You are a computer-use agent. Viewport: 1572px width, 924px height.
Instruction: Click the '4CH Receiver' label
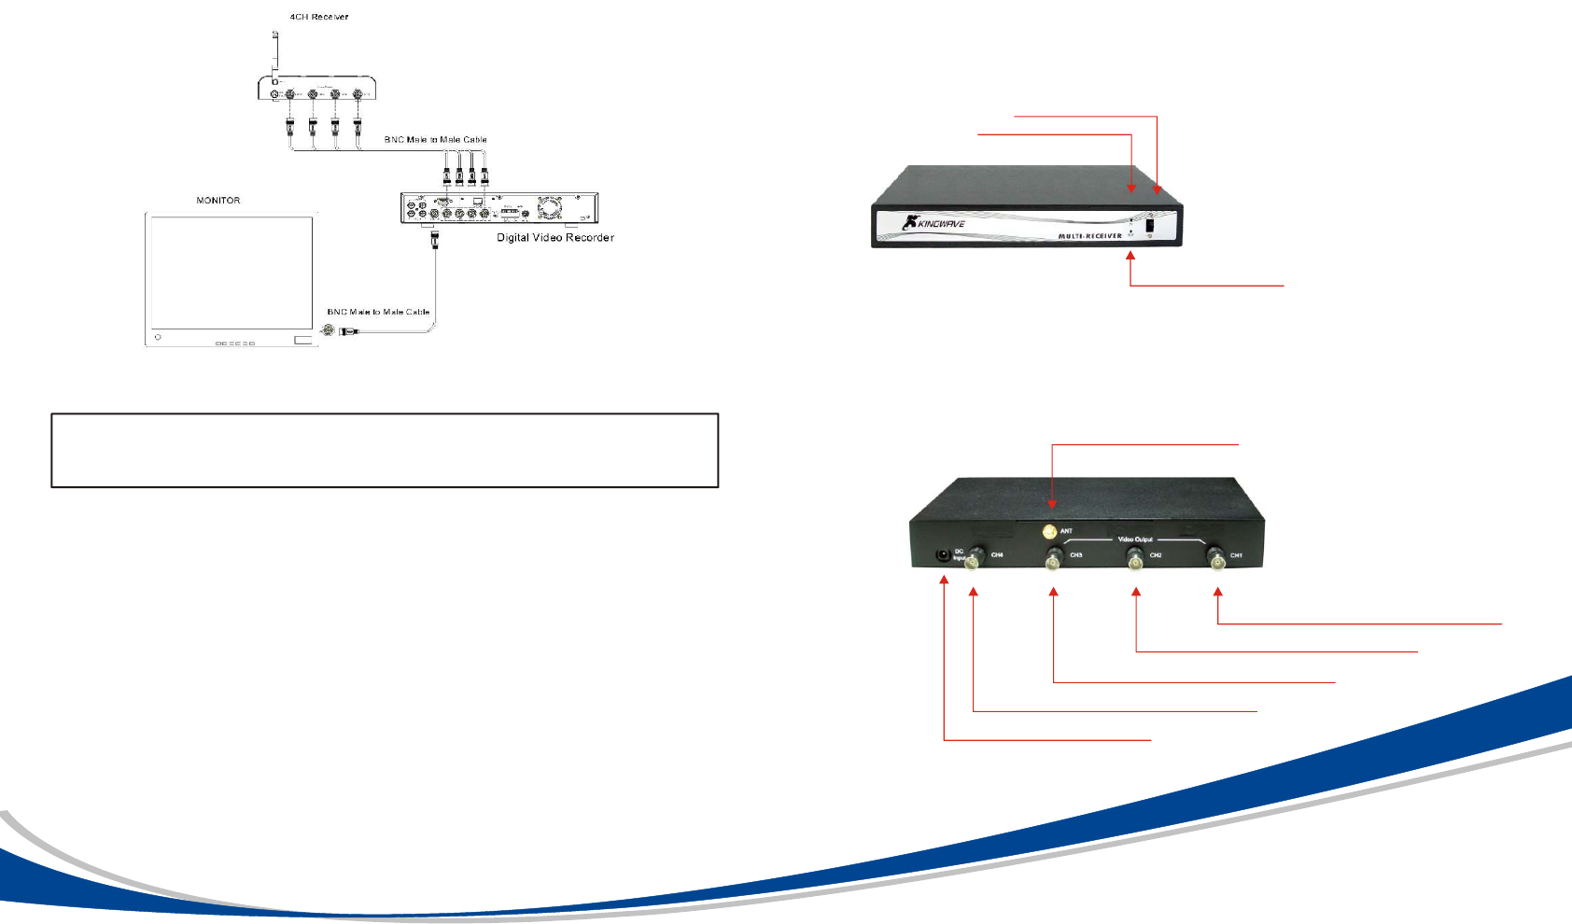pyautogui.click(x=318, y=17)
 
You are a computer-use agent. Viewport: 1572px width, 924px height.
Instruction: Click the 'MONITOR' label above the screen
pyautogui.click(x=218, y=201)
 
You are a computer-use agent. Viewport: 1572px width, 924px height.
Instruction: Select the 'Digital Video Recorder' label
pyautogui.click(x=554, y=238)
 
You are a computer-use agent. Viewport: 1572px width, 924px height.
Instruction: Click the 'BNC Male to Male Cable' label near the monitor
pyautogui.click(x=378, y=312)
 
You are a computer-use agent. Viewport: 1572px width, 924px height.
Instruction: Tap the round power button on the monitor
pyautogui.click(x=158, y=337)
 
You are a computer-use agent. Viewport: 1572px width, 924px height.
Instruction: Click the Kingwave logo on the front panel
pyautogui.click(x=933, y=223)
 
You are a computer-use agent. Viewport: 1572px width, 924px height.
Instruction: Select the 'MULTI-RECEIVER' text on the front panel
pyautogui.click(x=1089, y=236)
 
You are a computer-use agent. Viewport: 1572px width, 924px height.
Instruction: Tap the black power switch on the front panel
pyautogui.click(x=1150, y=224)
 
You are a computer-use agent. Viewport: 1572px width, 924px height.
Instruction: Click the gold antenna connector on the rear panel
pyautogui.click(x=1050, y=532)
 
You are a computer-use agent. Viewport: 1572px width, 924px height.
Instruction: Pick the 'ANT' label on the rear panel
pyautogui.click(x=1066, y=531)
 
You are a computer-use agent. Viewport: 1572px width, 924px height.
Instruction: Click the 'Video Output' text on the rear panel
pyautogui.click(x=1135, y=539)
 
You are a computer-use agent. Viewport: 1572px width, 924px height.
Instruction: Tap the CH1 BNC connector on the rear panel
pyautogui.click(x=1216, y=560)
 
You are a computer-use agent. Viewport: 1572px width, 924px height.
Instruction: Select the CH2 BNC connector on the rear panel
pyautogui.click(x=1135, y=560)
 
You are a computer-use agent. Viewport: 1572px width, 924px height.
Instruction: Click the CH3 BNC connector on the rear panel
pyautogui.click(x=1054, y=560)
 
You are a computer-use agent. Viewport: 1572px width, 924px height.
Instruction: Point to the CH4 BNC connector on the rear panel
pyautogui.click(x=974, y=560)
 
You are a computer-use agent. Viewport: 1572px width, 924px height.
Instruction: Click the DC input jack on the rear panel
pyautogui.click(x=944, y=554)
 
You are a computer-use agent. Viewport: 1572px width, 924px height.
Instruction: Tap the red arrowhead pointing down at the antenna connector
pyautogui.click(x=1052, y=504)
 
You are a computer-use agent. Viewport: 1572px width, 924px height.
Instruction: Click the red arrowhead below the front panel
pyautogui.click(x=1130, y=255)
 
